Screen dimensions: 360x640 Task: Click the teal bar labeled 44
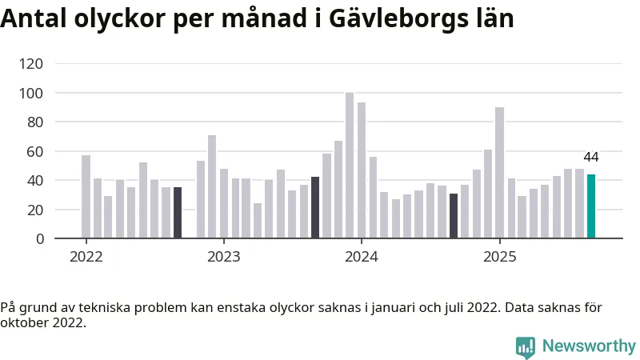tap(591, 206)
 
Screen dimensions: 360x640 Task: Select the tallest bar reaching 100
tap(350, 166)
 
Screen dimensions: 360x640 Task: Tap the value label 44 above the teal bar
tap(591, 158)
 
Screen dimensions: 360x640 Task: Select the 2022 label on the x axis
tap(86, 257)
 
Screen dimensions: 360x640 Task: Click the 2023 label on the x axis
tap(223, 257)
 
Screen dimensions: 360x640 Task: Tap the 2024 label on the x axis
tap(362, 257)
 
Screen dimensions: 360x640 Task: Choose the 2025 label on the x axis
tap(499, 257)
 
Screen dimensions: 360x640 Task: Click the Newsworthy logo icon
tap(526, 347)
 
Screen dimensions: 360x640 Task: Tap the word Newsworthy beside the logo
tap(589, 346)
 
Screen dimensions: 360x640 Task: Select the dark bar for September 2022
tap(178, 213)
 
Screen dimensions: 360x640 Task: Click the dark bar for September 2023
tap(315, 208)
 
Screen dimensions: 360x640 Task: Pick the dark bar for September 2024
tap(454, 216)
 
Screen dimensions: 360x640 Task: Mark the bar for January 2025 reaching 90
tap(499, 173)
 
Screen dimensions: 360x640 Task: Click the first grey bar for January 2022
tap(86, 197)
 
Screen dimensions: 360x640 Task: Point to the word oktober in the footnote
tap(22, 323)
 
